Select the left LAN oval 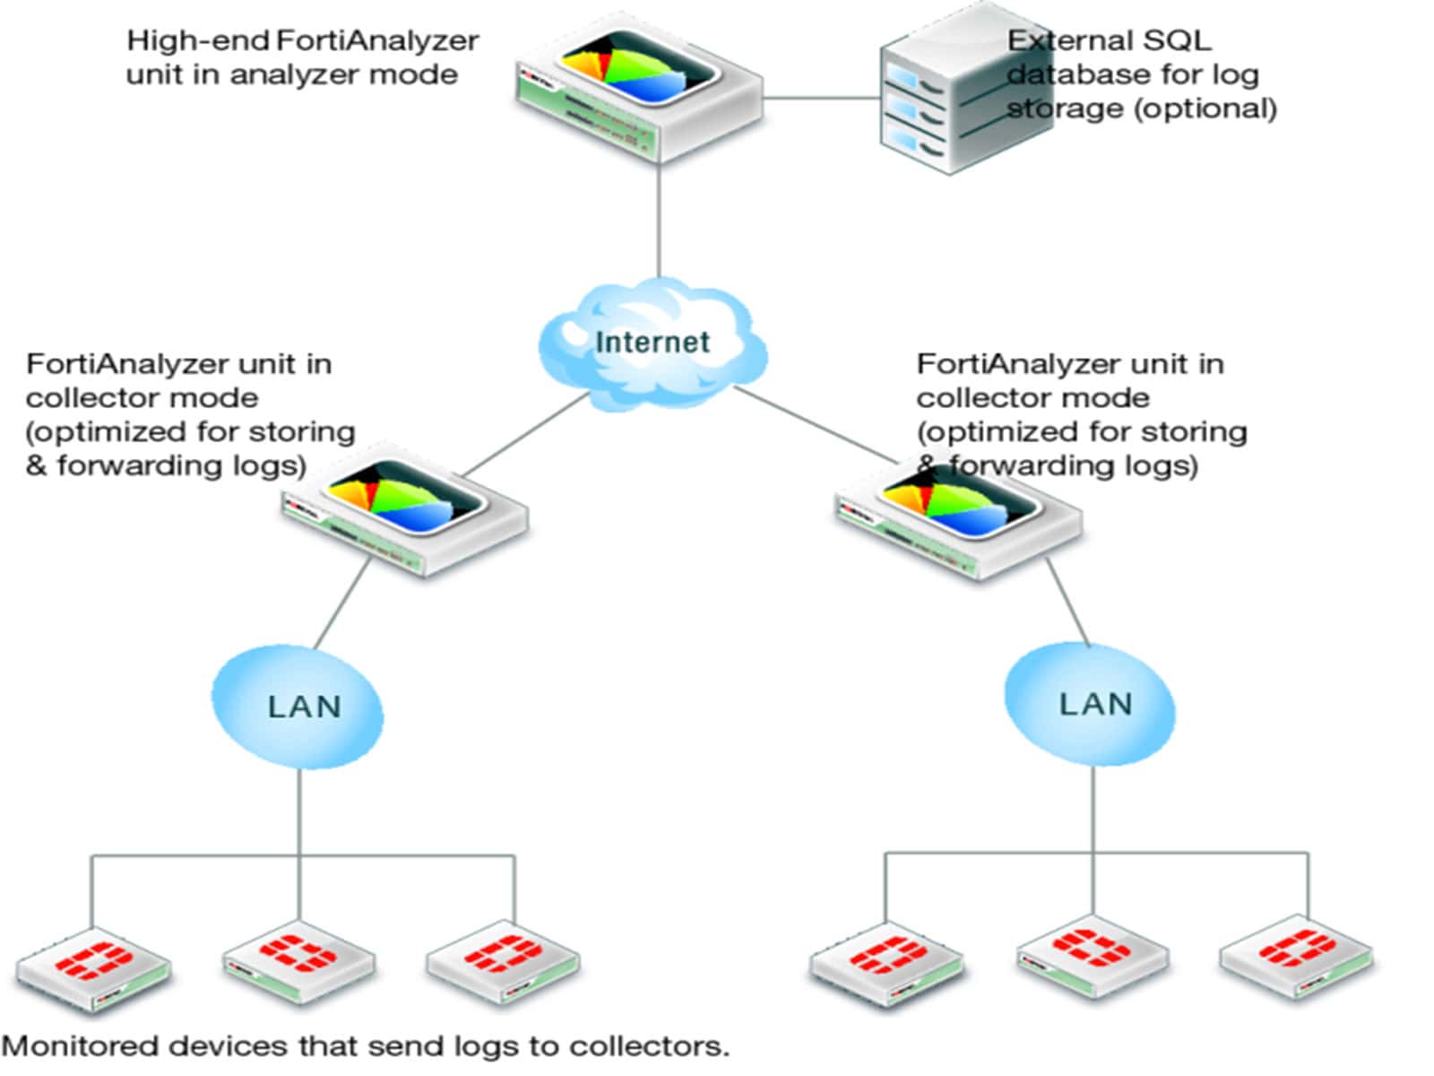pyautogui.click(x=298, y=707)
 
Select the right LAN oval pyautogui.click(x=1090, y=704)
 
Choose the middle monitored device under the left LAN pyautogui.click(x=298, y=959)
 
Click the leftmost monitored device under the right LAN pyautogui.click(x=887, y=964)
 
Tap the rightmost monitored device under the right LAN pyautogui.click(x=1297, y=956)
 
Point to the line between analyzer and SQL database pyautogui.click(x=820, y=98)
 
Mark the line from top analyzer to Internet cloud pyautogui.click(x=660, y=220)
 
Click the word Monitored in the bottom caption pyautogui.click(x=81, y=1046)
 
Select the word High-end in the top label pyautogui.click(x=197, y=41)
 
